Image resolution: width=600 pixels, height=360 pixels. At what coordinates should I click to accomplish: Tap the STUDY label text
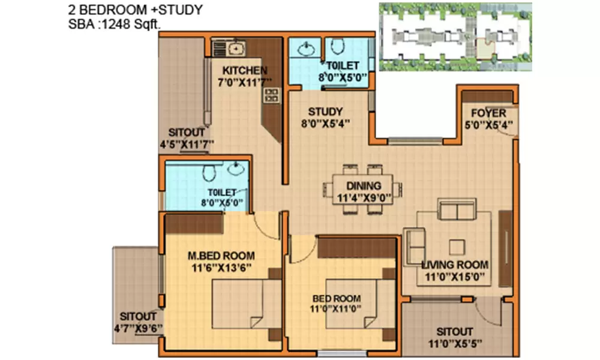pyautogui.click(x=325, y=112)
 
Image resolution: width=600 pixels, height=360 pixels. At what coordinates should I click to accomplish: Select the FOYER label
pyautogui.click(x=488, y=113)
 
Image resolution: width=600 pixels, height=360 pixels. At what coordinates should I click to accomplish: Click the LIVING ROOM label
pyautogui.click(x=454, y=265)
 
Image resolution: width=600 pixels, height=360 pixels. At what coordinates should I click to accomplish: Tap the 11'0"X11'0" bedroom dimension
pyautogui.click(x=336, y=310)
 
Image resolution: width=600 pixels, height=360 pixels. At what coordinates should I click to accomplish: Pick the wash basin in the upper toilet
pyautogui.click(x=305, y=47)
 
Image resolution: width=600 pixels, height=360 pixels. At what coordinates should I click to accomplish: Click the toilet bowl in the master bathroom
pyautogui.click(x=209, y=173)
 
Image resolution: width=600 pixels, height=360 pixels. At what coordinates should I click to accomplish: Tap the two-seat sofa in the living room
pyautogui.click(x=457, y=211)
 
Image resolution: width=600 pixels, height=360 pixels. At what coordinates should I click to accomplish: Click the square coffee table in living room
pyautogui.click(x=457, y=247)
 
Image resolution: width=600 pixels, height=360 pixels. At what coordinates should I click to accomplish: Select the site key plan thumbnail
pyautogui.click(x=454, y=37)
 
